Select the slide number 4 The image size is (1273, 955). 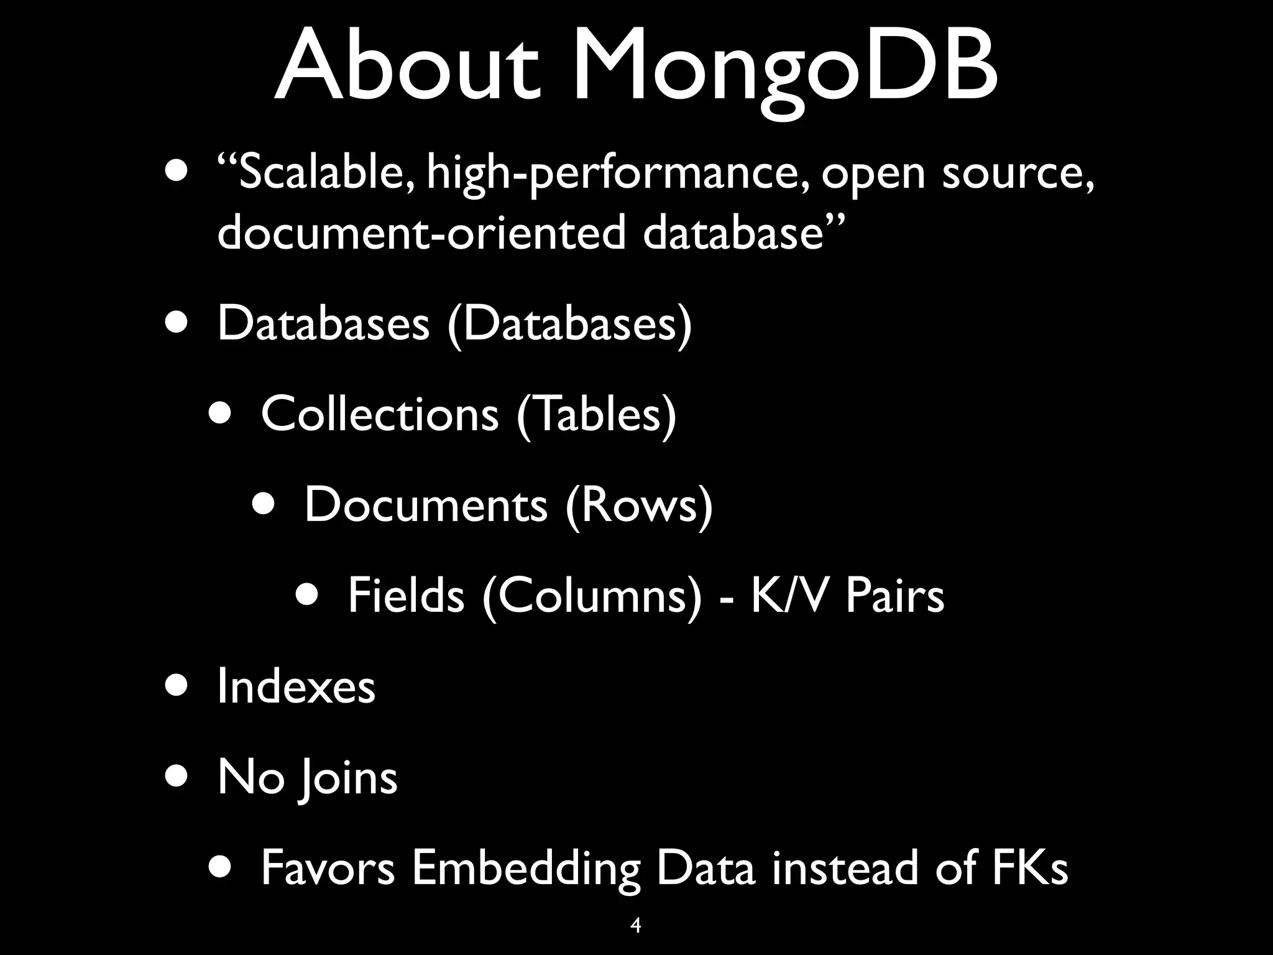[x=635, y=925]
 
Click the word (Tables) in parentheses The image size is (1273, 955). [x=596, y=415]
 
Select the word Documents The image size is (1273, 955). [x=426, y=505]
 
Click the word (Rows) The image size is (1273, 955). [x=639, y=505]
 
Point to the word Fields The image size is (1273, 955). [x=406, y=596]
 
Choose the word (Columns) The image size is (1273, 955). [x=592, y=596]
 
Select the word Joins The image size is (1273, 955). [x=347, y=777]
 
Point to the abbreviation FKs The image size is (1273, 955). [x=1029, y=868]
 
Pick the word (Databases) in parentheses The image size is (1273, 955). [x=569, y=324]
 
